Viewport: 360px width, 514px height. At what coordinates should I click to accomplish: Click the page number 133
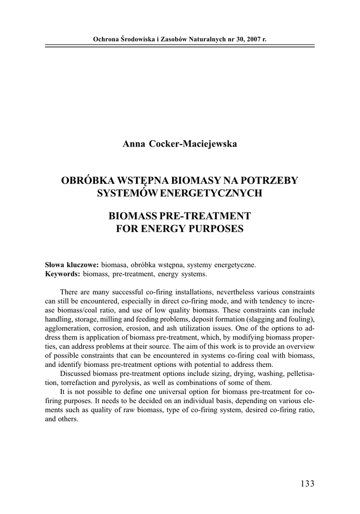(x=307, y=484)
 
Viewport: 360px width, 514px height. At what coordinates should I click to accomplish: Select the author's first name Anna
(x=133, y=145)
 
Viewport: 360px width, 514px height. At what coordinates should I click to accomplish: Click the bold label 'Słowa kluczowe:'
(x=72, y=265)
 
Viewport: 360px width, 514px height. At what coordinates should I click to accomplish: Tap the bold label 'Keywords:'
(x=62, y=274)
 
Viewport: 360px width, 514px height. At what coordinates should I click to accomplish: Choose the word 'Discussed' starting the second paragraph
(x=75, y=373)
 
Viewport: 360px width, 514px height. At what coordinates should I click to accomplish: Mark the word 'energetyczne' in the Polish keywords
(x=237, y=265)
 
